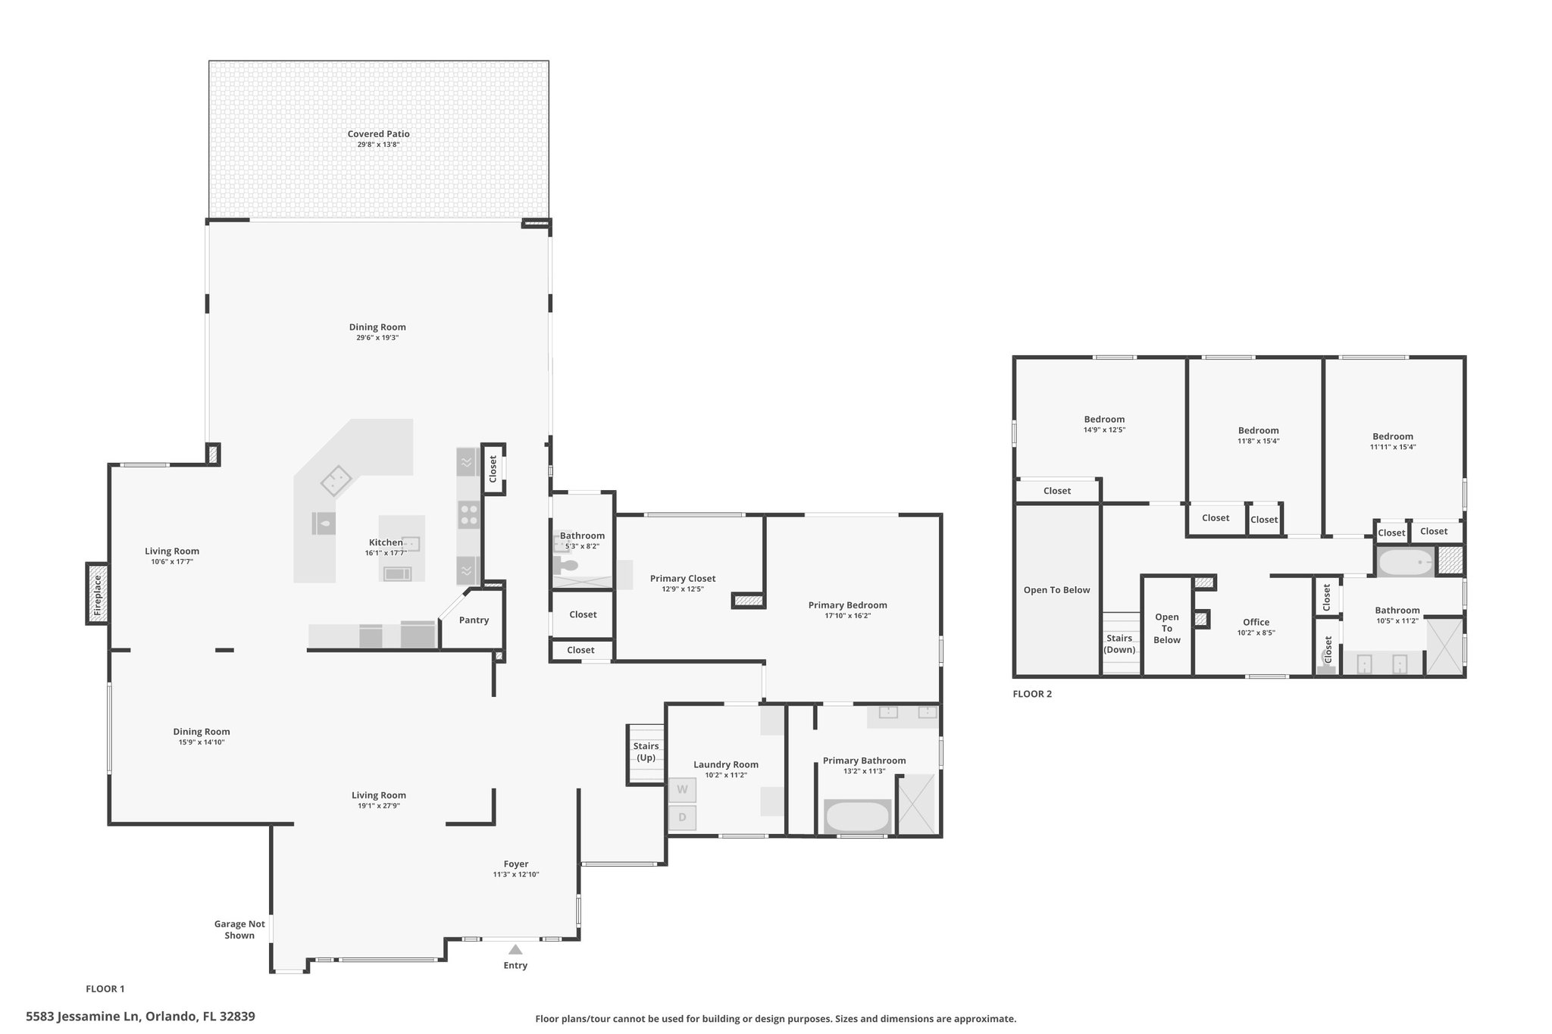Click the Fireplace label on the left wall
click(x=97, y=594)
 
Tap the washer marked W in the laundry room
click(x=682, y=790)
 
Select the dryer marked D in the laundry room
click(x=682, y=817)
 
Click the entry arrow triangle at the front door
click(x=515, y=949)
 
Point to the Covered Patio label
click(x=379, y=134)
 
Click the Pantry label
click(x=474, y=620)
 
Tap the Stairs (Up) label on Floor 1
click(x=646, y=752)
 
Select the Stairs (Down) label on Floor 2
click(x=1119, y=644)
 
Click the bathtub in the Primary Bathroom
click(x=857, y=817)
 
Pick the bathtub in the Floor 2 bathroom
click(x=1406, y=563)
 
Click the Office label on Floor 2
click(x=1256, y=623)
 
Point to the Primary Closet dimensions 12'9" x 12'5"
click(x=683, y=589)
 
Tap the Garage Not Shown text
click(x=239, y=929)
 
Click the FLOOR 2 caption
click(x=1032, y=694)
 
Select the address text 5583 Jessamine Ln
click(x=83, y=1017)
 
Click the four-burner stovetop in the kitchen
click(x=469, y=515)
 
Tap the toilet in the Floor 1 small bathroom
click(x=565, y=565)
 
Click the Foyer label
click(x=516, y=864)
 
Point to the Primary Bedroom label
click(x=847, y=605)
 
